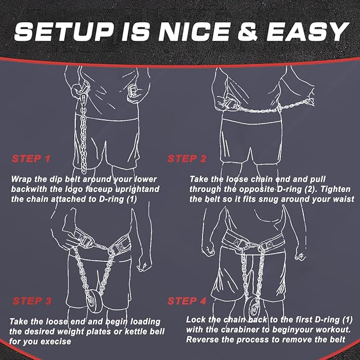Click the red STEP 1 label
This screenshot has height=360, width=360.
31,159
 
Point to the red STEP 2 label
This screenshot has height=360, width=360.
187,159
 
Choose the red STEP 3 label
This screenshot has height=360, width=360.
31,301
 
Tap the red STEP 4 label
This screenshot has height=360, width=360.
187,301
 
